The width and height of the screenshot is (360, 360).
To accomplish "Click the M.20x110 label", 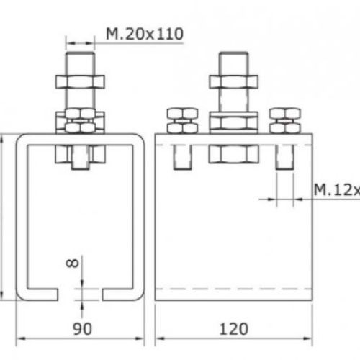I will point(145,33).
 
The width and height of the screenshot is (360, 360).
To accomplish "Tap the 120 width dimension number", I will point(232,329).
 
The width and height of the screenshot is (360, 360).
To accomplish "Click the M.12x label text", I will point(336,189).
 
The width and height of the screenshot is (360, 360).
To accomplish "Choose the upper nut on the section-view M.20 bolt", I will point(81,77).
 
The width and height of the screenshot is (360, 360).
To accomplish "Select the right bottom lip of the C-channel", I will point(119,293).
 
